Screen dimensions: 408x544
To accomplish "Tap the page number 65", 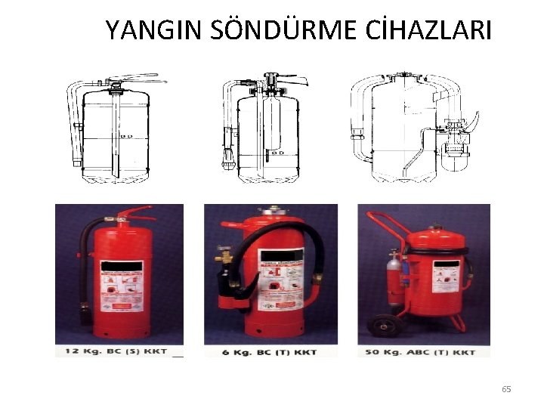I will click(506, 389).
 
